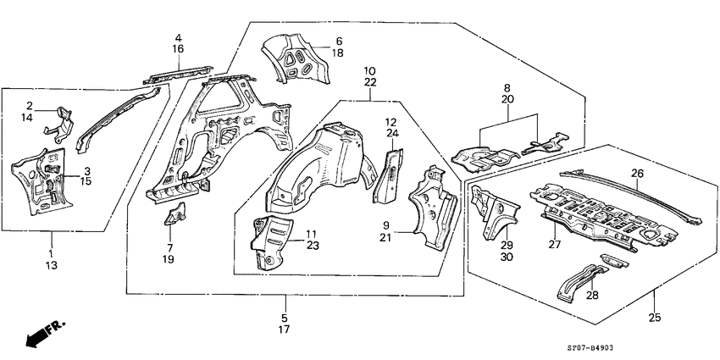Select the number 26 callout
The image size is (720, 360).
click(x=638, y=174)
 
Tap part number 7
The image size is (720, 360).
click(x=169, y=247)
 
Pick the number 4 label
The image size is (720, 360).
click(x=179, y=38)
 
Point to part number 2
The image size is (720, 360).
click(x=29, y=106)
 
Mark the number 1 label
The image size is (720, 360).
click(x=50, y=253)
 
